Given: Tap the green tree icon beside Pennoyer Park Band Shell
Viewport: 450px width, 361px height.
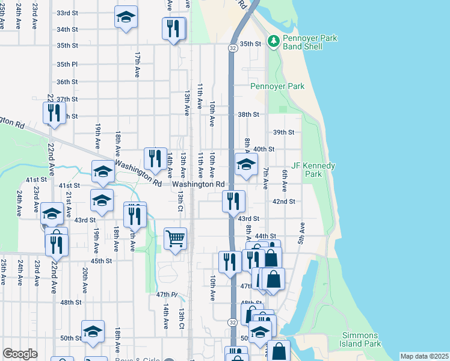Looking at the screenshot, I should (274, 40).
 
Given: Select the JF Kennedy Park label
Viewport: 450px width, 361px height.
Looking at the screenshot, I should (313, 169).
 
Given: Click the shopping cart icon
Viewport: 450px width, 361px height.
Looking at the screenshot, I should (175, 239).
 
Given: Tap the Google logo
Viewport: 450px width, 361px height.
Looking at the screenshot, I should (20, 354).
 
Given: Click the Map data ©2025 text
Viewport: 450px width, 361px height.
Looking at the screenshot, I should (424, 356).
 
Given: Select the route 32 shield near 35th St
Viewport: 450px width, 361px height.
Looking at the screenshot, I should (232, 47).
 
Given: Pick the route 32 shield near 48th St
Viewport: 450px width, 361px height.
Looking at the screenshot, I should (232, 322).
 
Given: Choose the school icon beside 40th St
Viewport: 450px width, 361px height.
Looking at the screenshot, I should (245, 164).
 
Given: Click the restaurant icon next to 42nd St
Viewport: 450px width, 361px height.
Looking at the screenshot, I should (233, 201).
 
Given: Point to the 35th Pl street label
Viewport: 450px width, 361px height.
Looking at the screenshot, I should (67, 64).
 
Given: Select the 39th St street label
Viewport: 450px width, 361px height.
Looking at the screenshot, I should (283, 132).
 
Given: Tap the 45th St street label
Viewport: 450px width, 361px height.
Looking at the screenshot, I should (101, 261).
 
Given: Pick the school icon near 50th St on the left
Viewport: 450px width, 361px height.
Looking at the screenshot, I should (93, 332).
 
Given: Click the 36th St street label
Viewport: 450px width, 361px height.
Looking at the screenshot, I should (67, 82).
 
